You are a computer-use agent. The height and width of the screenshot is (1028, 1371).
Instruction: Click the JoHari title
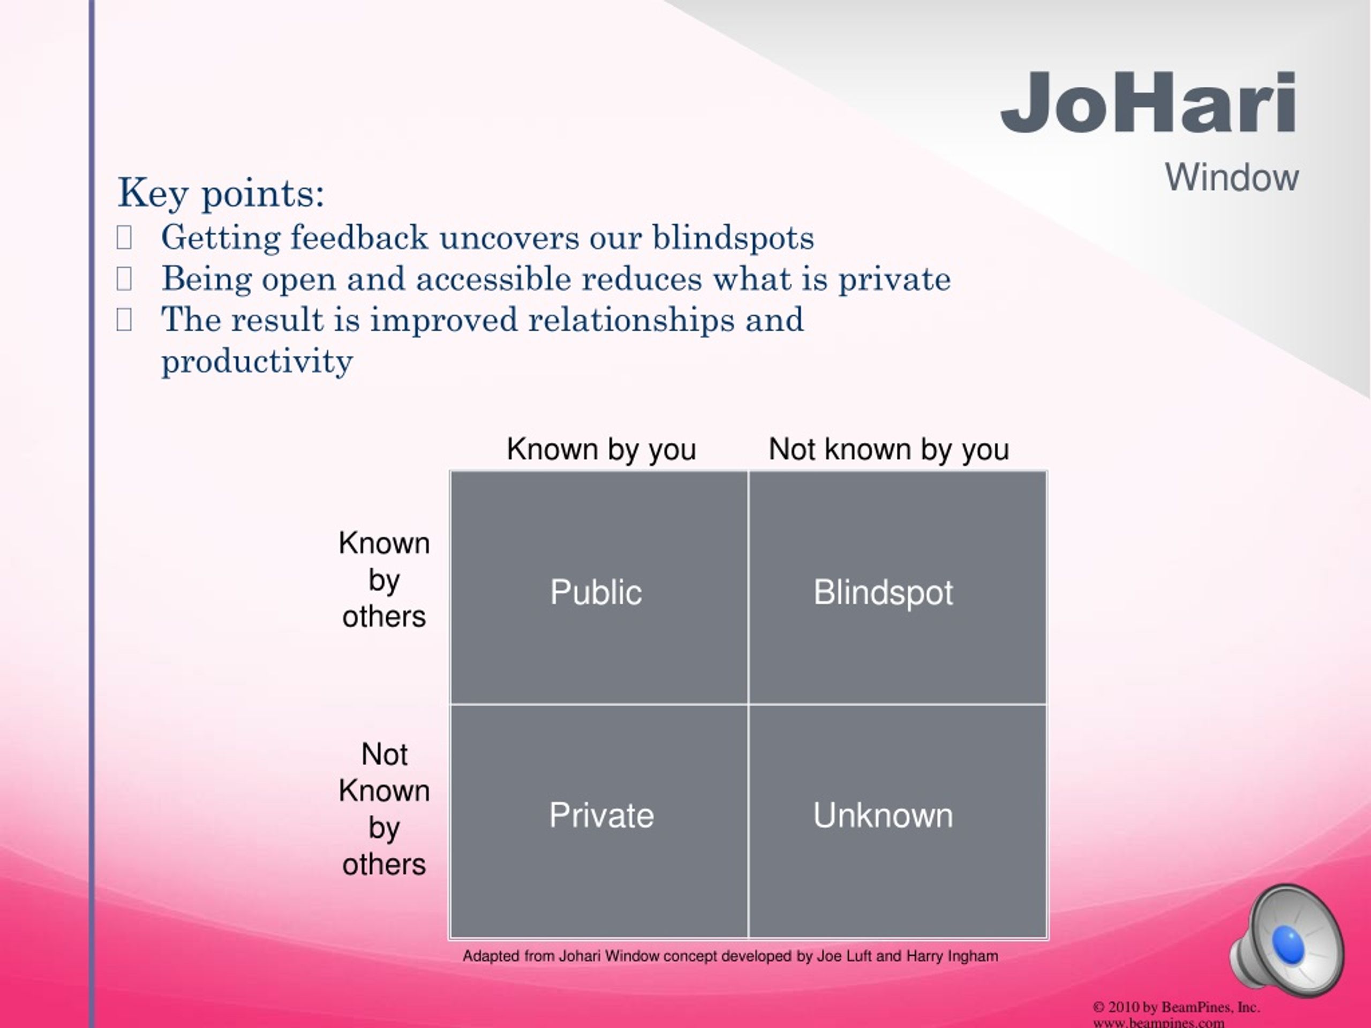pyautogui.click(x=1149, y=102)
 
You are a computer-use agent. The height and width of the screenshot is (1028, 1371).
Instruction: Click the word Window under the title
pyautogui.click(x=1232, y=178)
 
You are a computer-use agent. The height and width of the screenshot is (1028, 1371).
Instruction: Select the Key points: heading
pyautogui.click(x=221, y=193)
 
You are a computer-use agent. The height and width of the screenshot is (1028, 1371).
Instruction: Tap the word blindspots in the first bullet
pyautogui.click(x=733, y=238)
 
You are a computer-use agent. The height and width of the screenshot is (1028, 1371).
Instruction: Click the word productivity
pyautogui.click(x=257, y=361)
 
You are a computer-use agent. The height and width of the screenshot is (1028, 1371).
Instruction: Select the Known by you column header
pyautogui.click(x=601, y=449)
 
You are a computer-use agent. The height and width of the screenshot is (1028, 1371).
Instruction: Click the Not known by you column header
pyautogui.click(x=889, y=449)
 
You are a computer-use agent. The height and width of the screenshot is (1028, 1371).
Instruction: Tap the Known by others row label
pyautogui.click(x=385, y=580)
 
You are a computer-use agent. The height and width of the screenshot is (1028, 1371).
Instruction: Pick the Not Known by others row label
pyautogui.click(x=385, y=809)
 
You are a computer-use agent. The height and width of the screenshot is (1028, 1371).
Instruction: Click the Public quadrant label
pyautogui.click(x=596, y=592)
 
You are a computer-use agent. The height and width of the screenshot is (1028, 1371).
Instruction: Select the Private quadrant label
pyautogui.click(x=601, y=815)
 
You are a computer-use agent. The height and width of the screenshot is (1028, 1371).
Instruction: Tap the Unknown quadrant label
pyautogui.click(x=883, y=815)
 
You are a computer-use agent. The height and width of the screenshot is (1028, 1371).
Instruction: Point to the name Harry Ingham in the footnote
pyautogui.click(x=952, y=956)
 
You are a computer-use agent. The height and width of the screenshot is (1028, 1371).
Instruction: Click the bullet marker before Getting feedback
pyautogui.click(x=124, y=238)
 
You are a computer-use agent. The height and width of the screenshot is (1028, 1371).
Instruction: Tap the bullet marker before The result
pyautogui.click(x=124, y=320)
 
